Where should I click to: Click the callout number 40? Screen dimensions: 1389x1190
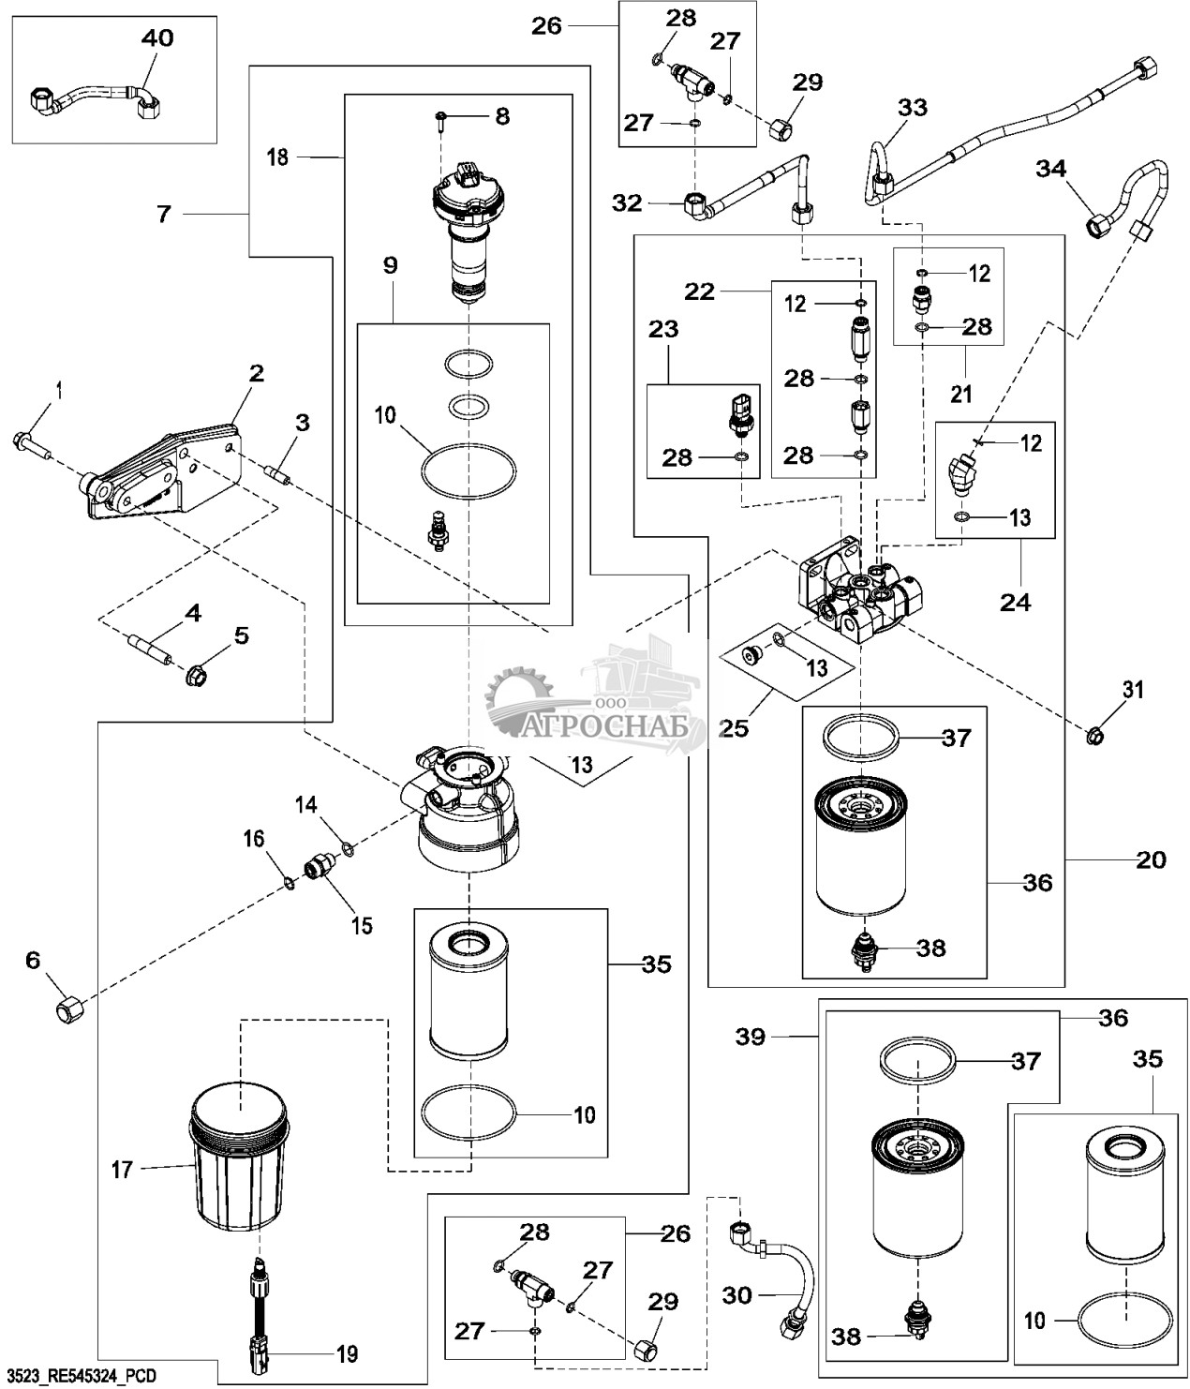(x=156, y=38)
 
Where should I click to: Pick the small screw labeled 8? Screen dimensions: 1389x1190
(x=442, y=118)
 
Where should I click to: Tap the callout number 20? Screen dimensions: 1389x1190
(x=1151, y=859)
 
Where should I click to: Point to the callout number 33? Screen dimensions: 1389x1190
(x=913, y=107)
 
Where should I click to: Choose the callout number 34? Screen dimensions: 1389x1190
(x=1050, y=169)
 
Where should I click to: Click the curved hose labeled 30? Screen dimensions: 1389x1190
(x=782, y=1267)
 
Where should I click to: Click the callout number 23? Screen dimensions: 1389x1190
(x=664, y=330)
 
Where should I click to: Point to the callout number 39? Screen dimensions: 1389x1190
(x=751, y=1037)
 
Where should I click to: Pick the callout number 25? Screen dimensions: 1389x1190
(x=735, y=725)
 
